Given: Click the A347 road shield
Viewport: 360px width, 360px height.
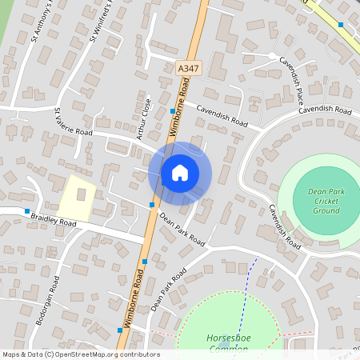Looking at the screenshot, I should (x=188, y=70).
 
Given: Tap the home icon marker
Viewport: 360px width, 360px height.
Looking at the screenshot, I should (x=180, y=172).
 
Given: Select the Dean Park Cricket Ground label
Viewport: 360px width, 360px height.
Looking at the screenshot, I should (x=326, y=200).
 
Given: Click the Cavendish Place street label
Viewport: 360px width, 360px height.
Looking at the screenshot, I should (x=288, y=73).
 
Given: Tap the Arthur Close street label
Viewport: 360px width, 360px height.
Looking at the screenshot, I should (x=144, y=120).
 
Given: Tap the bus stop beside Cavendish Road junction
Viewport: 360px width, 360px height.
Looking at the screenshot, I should (x=173, y=110).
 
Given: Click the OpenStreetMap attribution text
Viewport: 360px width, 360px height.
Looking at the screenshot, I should (x=80, y=354).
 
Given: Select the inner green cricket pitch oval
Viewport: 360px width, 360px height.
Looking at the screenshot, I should (x=326, y=200).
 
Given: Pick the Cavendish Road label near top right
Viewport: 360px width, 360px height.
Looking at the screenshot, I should (x=326, y=110).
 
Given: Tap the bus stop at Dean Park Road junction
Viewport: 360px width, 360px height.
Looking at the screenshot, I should (x=151, y=206).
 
